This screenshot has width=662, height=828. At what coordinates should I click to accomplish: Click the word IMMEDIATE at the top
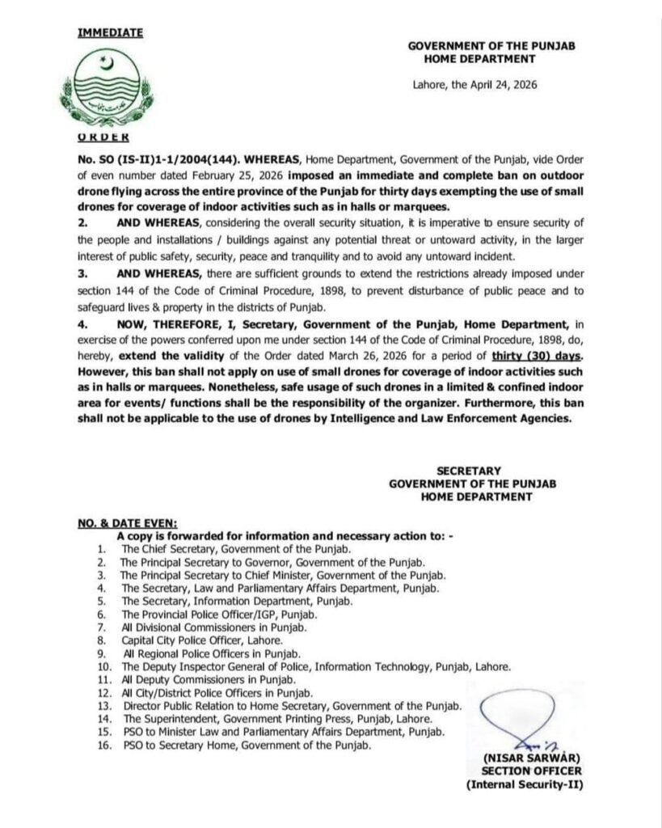[110, 33]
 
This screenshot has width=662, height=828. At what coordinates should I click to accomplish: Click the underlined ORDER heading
[100, 138]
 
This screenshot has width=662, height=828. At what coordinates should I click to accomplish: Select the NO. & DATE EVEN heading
[128, 523]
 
